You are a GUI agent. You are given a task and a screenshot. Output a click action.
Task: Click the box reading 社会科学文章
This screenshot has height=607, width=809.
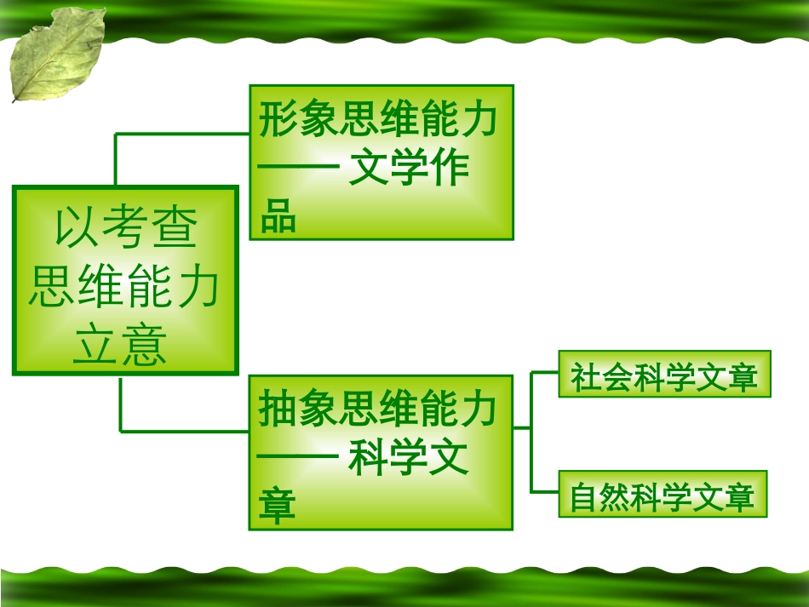pos(664,375)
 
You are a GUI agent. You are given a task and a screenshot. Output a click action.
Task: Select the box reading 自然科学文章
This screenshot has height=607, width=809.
pos(663,495)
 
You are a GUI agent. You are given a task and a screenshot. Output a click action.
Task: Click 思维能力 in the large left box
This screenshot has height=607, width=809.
pos(124,287)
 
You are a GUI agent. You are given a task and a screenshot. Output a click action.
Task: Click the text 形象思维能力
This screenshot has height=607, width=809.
pos(380,121)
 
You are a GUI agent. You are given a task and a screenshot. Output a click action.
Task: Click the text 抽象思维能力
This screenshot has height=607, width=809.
pos(380,410)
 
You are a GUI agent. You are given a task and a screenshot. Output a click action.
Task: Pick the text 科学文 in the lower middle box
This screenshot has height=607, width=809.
pos(410,460)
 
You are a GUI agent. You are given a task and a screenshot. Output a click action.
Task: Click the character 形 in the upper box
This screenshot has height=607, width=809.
pos(278,121)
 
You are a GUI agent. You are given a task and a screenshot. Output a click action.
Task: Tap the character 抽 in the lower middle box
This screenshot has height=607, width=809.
pos(278,410)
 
